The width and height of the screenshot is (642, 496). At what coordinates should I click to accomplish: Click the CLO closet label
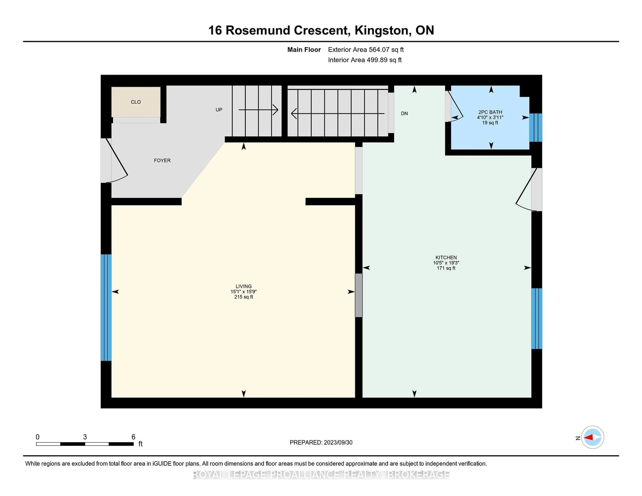pos(136,102)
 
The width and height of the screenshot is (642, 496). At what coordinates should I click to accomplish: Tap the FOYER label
pos(162,160)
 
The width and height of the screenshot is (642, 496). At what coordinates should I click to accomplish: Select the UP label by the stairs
pos(219,110)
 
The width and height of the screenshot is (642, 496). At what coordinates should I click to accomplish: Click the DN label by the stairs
pos(404,113)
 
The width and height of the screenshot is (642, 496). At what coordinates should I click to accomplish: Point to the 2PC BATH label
pos(490,112)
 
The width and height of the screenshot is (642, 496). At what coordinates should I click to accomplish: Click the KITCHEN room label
pos(446,257)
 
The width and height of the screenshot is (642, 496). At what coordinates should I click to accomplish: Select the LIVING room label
pos(243,286)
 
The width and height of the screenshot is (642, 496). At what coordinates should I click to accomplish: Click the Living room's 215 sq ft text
pos(243,297)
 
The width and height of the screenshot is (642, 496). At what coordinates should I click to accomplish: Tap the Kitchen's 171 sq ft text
pos(446,268)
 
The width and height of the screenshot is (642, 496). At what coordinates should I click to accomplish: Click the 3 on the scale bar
pos(85,437)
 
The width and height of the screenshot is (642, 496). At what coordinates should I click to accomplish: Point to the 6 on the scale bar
pos(133,437)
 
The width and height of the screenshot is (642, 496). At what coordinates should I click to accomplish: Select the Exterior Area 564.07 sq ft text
pos(366,50)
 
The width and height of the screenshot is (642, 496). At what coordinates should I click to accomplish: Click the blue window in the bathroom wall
pos(536,128)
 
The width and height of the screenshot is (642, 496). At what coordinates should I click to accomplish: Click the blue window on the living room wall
pos(106,307)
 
